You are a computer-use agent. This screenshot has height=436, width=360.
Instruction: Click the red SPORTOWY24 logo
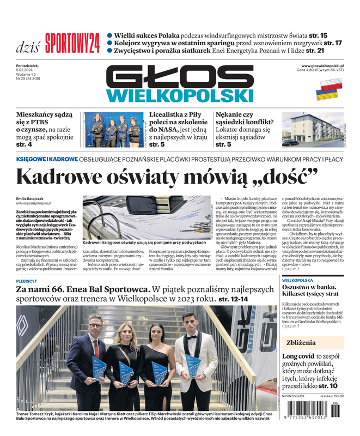coord(72,43)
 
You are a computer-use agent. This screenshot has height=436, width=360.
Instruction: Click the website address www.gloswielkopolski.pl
coord(326,66)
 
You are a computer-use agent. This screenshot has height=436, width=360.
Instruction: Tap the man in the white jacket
coord(196,354)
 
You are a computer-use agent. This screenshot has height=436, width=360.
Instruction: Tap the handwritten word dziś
coord(27,45)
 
